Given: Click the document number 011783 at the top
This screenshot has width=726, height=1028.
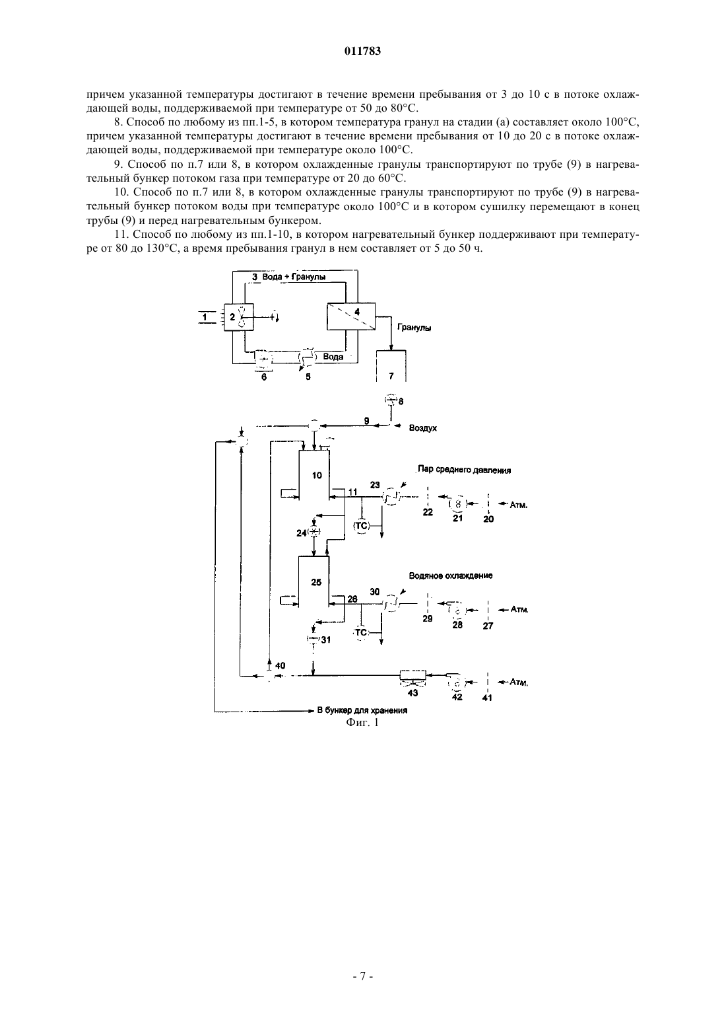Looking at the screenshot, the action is coord(362,51).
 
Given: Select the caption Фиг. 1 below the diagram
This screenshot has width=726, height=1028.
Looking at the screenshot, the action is coord(362,722).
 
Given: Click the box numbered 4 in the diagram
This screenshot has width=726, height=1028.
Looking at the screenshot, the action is coord(351,316).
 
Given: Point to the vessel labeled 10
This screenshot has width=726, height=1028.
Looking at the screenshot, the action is coord(314,476).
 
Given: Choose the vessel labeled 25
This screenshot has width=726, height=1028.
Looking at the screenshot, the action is coord(314,582).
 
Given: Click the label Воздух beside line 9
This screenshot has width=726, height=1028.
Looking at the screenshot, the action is coord(422,428).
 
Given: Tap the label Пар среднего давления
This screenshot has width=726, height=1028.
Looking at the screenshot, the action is coord(464,470).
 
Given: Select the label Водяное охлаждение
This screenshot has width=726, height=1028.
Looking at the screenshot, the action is coord(451,575).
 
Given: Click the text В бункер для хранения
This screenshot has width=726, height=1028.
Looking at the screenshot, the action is coord(362,710).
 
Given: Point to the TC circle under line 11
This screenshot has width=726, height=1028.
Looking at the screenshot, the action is coord(361,526).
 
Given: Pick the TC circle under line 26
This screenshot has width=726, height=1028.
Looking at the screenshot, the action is coord(361,632).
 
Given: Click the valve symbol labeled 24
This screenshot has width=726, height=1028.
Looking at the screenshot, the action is coord(314,532).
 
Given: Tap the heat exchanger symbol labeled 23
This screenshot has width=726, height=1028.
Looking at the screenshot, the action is coord(391,497).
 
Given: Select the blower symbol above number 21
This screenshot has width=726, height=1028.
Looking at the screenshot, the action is coord(457,504).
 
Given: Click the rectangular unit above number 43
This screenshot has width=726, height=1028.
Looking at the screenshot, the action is coord(412,675).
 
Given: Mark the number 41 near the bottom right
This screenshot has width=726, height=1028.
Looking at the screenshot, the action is coord(487,698).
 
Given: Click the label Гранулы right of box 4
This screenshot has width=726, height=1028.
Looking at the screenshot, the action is coord(414,328).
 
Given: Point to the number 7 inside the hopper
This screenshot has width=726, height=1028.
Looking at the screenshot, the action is coord(391,376).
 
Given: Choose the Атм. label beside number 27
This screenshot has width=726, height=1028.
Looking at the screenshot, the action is coord(519,610).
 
